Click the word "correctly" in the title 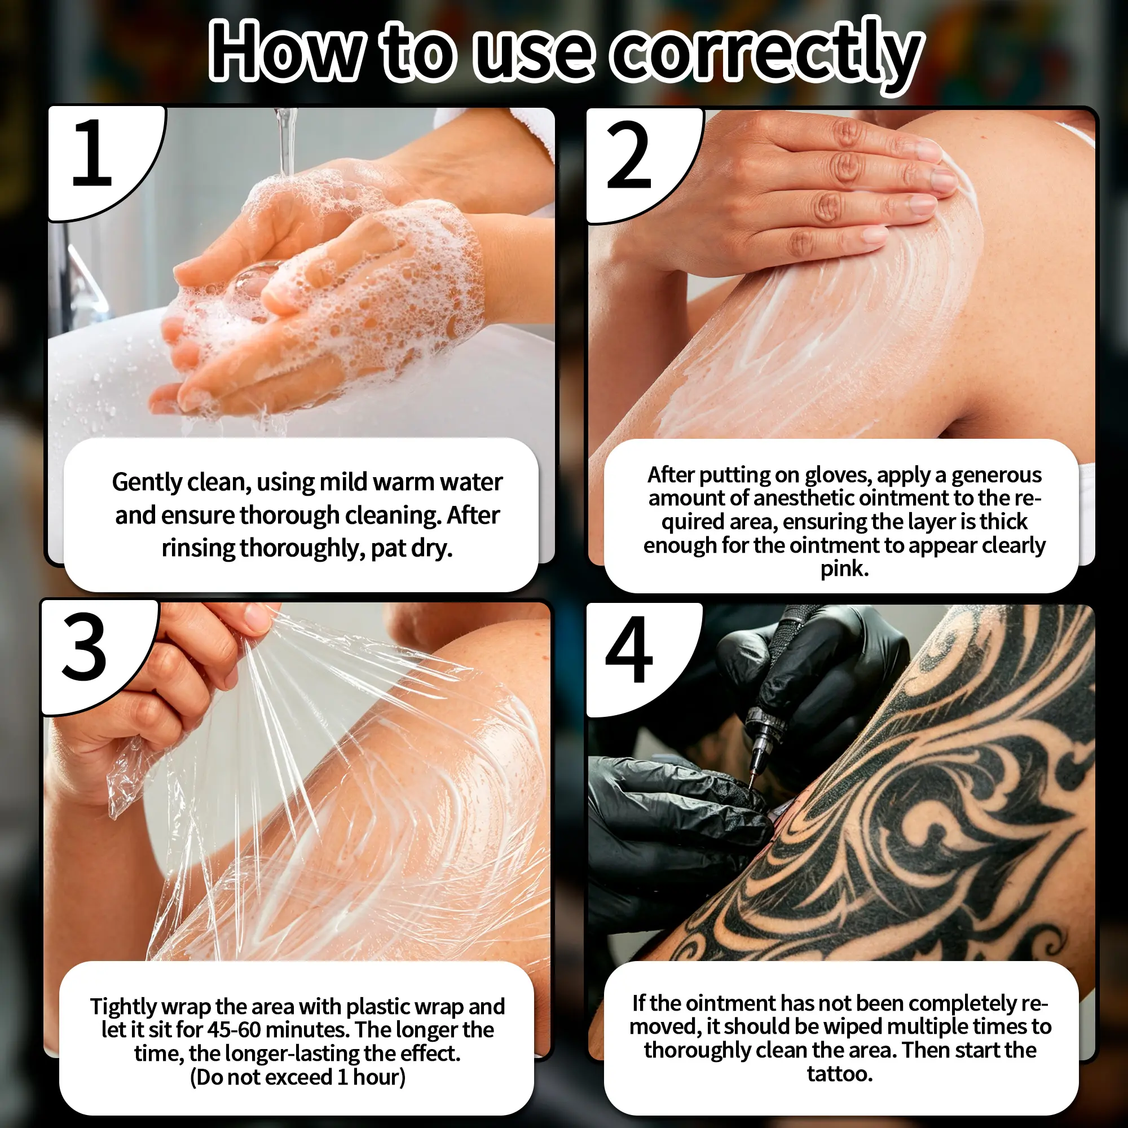[x=766, y=54]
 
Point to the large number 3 [x=84, y=647]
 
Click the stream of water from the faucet [x=285, y=140]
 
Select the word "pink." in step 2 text [x=844, y=569]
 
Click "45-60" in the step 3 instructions [x=234, y=1029]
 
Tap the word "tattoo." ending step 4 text [x=840, y=1074]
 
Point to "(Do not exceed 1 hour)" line [x=298, y=1077]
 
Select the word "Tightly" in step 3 [x=123, y=1007]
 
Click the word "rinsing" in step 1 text [x=199, y=549]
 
